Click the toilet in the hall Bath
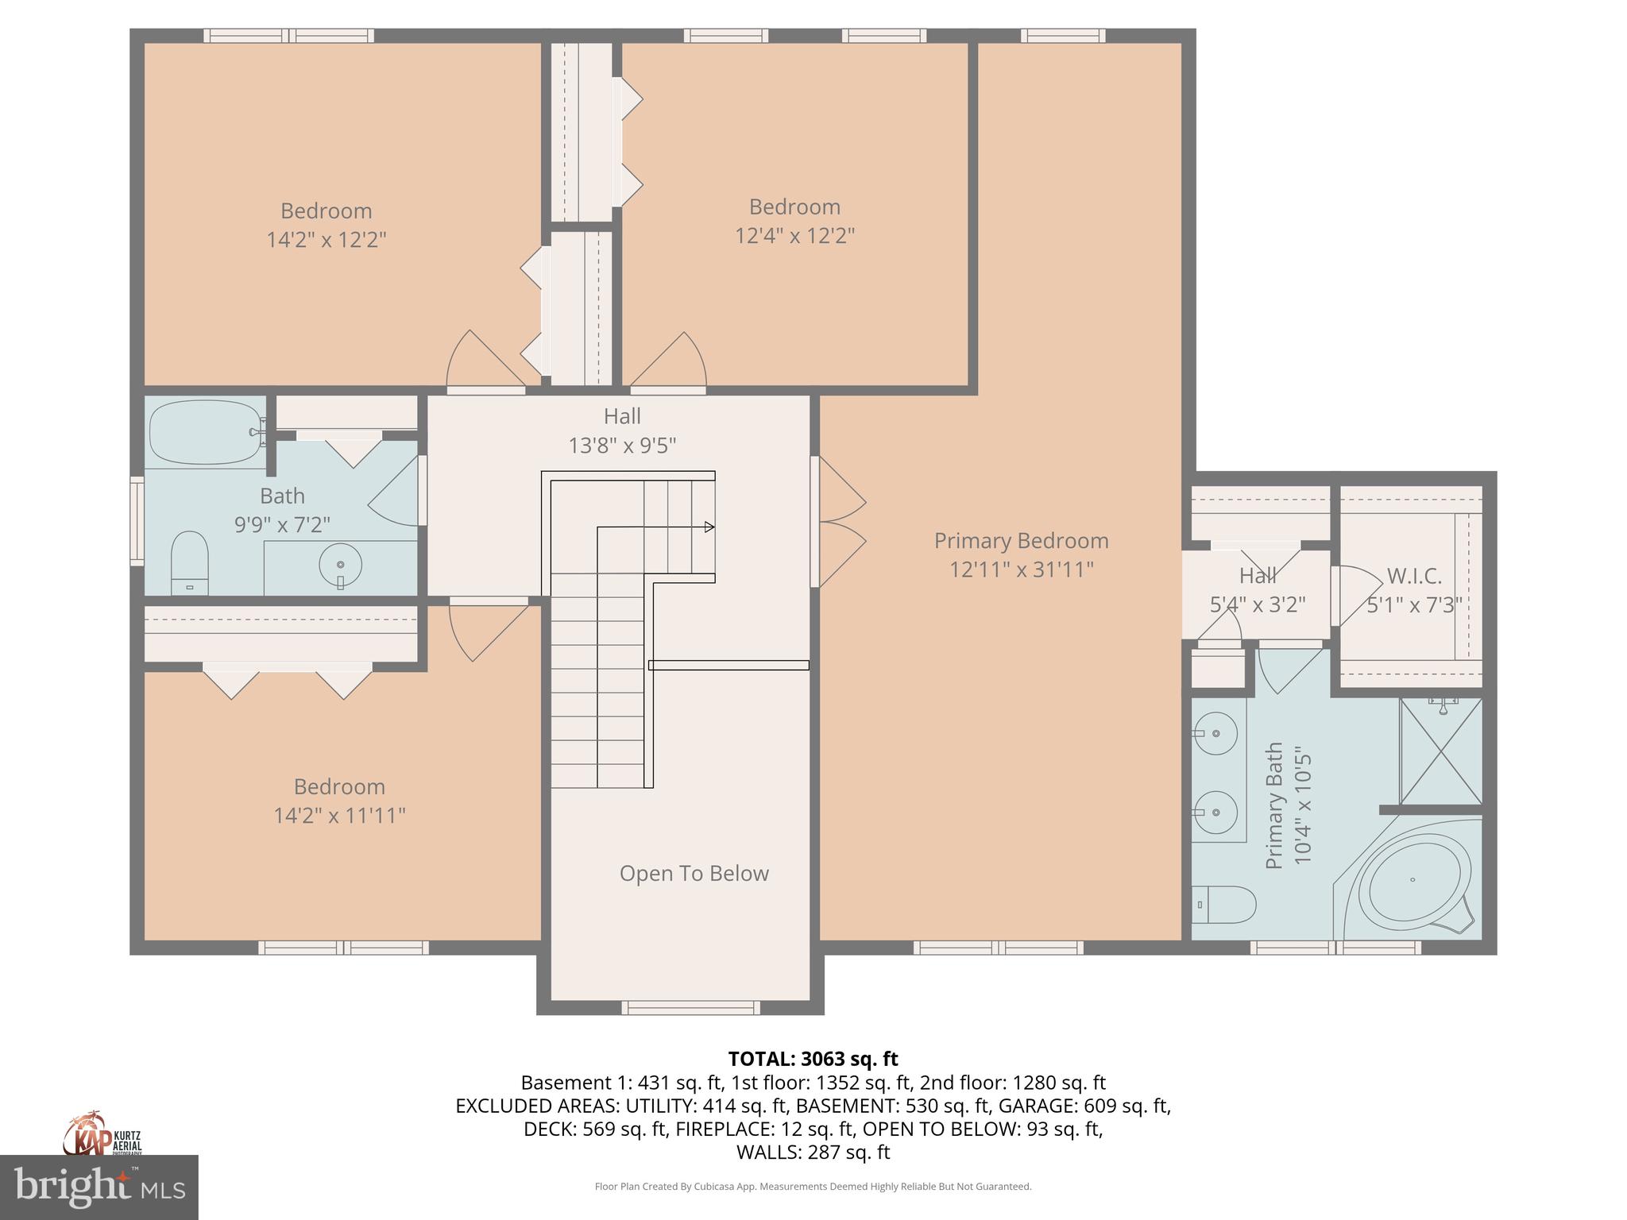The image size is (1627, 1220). point(190,562)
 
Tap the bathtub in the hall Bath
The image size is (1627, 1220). point(206,431)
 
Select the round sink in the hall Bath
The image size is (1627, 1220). point(340,565)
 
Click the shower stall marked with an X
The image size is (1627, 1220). point(1440,751)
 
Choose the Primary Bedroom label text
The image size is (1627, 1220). point(1021,541)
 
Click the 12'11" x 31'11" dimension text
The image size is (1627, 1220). point(1021,569)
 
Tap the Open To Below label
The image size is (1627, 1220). point(694,874)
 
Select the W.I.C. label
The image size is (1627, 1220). point(1414,576)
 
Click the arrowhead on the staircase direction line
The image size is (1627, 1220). point(709,527)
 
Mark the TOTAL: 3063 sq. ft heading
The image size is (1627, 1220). point(813,1059)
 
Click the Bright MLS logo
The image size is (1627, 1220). point(99,1187)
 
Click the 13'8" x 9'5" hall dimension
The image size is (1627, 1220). point(622,446)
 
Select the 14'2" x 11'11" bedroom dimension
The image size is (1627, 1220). point(339,816)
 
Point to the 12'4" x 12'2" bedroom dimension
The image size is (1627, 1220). point(794,236)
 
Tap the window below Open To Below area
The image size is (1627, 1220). point(690,1008)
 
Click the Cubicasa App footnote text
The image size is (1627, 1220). point(813,1187)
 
